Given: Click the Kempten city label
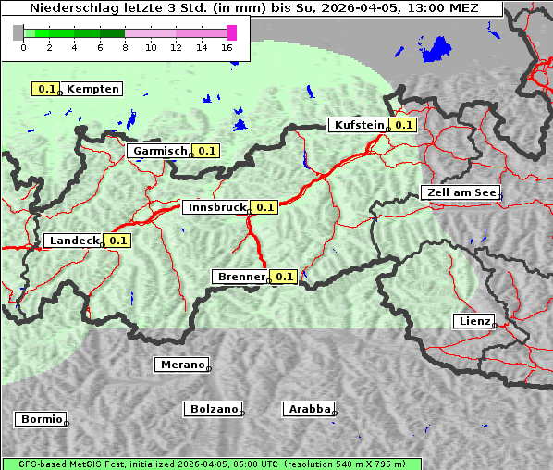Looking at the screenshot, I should pos(93,89).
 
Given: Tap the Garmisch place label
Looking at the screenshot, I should pos(160,151).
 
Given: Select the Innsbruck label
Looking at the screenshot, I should pos(215,207).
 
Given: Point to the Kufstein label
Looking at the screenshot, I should pos(357,125).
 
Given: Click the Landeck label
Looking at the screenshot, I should pos(74,241).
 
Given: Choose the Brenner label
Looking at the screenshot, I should pos(240,277).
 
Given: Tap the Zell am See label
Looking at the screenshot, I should pos(460,192).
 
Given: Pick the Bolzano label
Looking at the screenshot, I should pos(215,409).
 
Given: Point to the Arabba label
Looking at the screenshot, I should pos(309,409).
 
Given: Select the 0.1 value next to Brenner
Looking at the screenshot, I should pos(284,277).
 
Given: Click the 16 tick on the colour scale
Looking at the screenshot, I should pos(227,47).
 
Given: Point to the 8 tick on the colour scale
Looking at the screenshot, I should pos(125,47).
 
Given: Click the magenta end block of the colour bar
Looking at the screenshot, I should pos(231,32).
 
